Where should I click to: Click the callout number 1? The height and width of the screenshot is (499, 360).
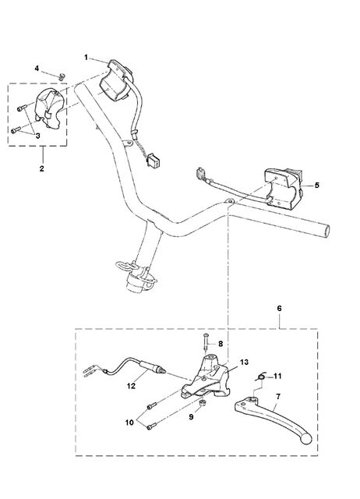[x=86, y=57]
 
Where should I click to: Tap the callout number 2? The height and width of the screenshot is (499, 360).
[x=41, y=168]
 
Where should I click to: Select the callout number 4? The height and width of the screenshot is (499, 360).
[x=37, y=69]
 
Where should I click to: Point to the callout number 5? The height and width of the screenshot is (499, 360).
[x=316, y=185]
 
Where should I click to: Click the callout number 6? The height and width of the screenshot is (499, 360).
[x=279, y=308]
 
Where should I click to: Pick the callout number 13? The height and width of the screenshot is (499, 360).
[x=244, y=362]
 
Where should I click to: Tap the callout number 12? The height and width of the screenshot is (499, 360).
[x=131, y=386]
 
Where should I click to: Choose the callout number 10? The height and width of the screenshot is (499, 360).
[x=129, y=423]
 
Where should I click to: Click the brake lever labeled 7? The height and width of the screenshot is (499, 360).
[x=274, y=420]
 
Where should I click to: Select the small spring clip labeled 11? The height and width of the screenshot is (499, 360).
[x=261, y=377]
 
